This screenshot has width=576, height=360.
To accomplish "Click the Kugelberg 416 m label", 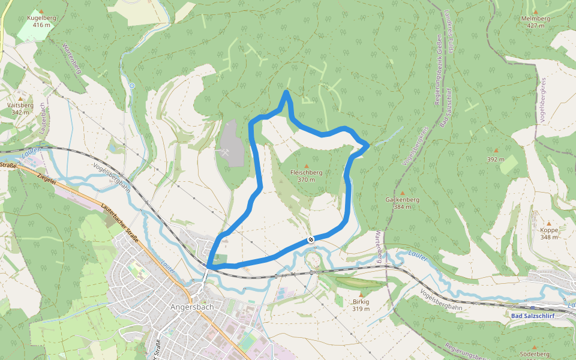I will [41, 22].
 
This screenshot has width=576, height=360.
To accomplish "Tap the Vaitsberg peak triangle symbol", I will [20, 98].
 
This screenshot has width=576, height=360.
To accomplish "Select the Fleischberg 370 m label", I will [306, 176].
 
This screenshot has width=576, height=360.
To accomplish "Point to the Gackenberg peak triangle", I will [402, 193].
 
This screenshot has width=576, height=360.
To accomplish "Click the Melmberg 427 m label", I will [535, 22].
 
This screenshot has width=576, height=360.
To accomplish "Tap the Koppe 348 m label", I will [549, 233].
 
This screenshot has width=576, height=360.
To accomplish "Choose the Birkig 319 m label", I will [361, 305].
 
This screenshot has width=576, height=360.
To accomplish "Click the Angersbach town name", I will [192, 306].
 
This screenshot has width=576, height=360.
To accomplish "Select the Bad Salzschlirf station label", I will [533, 316].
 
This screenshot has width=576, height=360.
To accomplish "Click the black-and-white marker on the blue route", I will [311, 239].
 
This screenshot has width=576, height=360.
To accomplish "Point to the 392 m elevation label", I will [496, 160].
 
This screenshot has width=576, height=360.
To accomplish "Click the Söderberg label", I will [535, 354].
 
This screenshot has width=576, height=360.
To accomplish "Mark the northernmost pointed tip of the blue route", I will [287, 92].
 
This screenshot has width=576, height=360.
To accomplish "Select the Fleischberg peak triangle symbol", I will [307, 166].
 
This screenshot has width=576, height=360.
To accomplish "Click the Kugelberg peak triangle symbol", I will [41, 11].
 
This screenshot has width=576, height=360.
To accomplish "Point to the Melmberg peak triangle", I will [535, 11].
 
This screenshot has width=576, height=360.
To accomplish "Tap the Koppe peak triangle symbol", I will [548, 223].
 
